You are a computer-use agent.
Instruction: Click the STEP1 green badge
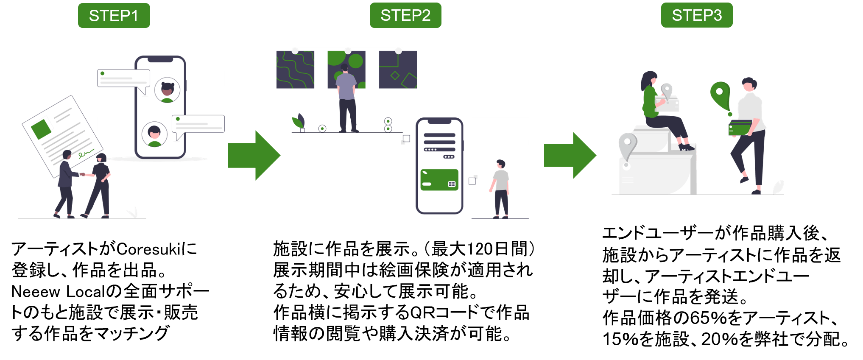114,16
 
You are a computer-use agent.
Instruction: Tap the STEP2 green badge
405,15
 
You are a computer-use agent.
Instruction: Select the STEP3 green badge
697,15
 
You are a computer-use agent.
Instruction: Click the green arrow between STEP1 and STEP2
254,155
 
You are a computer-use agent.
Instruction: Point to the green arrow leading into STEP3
570,155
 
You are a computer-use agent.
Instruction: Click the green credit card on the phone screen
439,180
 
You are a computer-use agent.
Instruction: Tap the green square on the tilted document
41,129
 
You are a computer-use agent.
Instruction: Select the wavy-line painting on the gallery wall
295,70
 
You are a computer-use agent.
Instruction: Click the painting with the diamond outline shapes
397,70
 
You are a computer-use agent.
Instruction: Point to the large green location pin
720,95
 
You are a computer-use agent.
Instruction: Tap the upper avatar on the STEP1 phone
167,90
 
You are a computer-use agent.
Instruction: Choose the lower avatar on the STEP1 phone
154,134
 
